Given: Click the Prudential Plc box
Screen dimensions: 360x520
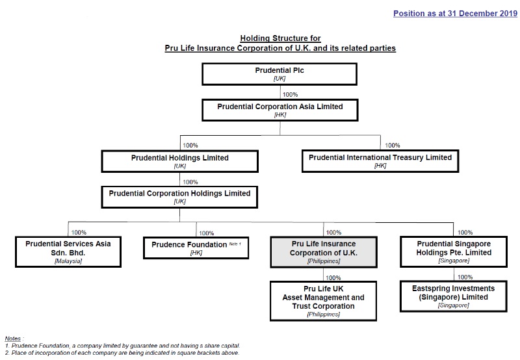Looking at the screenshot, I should point(279,73).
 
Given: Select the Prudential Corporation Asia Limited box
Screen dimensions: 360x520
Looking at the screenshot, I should point(279,110).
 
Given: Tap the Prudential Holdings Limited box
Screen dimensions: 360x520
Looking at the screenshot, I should point(180,161).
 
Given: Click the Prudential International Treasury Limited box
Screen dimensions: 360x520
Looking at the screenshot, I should point(380,161).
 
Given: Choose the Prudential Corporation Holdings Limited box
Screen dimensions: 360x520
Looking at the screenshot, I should point(179,197).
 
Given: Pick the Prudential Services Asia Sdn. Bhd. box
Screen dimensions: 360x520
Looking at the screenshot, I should point(68,251).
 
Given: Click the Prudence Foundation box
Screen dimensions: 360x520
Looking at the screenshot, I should point(196,248).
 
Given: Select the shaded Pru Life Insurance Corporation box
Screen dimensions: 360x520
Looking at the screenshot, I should point(323,251).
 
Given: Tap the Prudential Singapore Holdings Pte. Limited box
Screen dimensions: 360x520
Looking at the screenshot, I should point(453,251).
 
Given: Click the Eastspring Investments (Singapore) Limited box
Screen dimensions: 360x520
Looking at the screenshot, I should point(453,296).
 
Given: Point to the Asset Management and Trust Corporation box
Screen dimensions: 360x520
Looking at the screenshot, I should point(323,301).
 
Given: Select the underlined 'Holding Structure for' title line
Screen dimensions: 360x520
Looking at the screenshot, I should point(279,39).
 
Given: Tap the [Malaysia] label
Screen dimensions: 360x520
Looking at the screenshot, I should point(68,261).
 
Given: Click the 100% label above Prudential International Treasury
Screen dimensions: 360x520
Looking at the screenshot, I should point(393,146).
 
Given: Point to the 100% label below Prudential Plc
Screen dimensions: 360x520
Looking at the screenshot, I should point(290,94).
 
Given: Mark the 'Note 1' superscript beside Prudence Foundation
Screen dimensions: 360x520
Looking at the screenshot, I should point(235,244).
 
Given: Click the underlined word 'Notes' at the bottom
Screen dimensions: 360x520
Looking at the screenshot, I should point(12,339).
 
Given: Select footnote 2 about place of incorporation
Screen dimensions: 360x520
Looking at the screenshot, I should point(122,353).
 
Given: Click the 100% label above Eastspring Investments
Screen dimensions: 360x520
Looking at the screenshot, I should point(465,277).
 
